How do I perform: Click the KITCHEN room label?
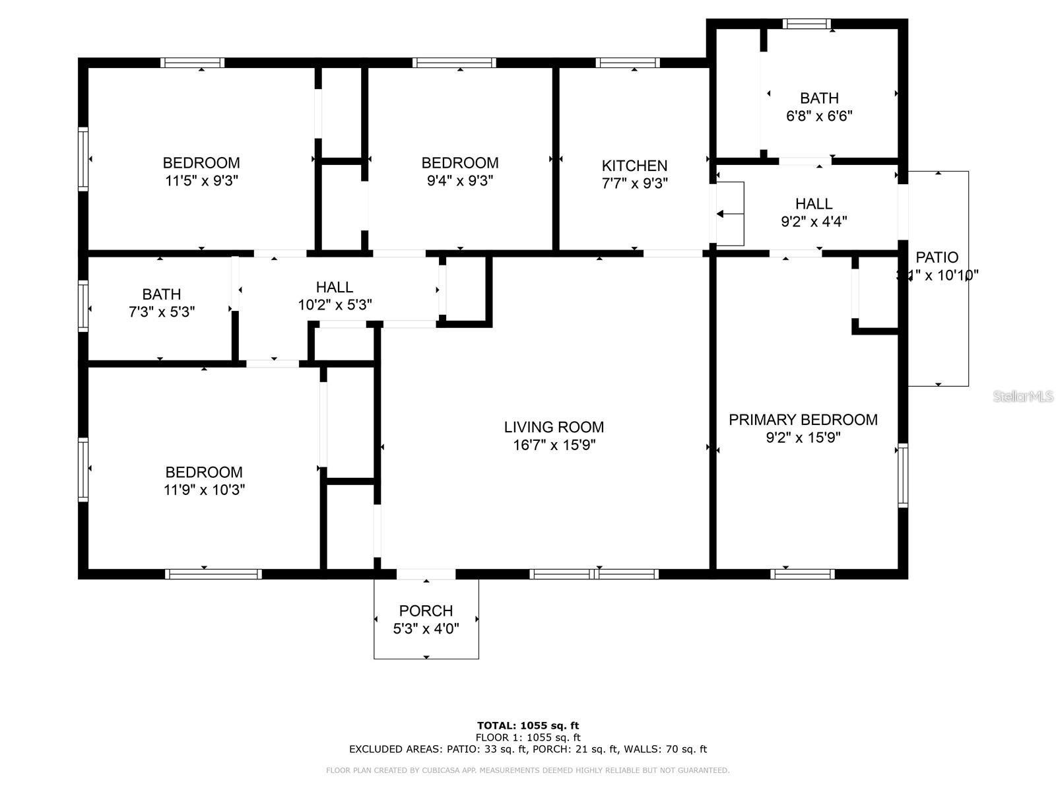634,166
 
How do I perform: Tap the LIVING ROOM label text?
554,427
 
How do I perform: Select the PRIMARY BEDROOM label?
803,420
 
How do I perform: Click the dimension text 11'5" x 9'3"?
201,181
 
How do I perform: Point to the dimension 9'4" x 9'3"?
460,181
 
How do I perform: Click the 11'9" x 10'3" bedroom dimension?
204,490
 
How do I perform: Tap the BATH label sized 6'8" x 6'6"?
819,98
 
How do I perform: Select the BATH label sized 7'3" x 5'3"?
161,294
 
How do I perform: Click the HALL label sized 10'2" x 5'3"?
334,287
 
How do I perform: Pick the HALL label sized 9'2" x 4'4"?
813,204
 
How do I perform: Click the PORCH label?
426,611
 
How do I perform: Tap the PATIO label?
937,257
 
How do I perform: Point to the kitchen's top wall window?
627,63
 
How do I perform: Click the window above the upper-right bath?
807,24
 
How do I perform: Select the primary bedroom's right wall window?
902,475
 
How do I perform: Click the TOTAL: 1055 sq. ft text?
527,726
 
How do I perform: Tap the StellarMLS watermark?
1023,397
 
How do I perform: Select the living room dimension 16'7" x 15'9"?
554,445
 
